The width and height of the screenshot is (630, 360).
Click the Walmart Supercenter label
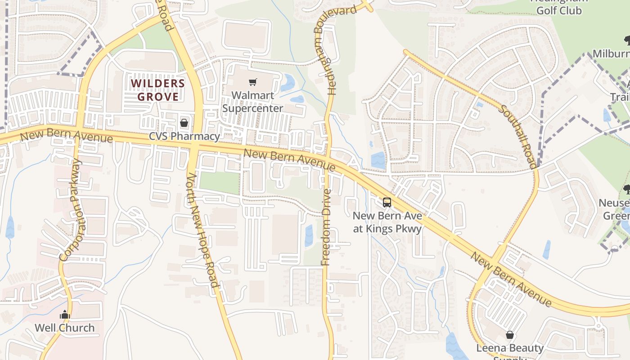pos(252,102)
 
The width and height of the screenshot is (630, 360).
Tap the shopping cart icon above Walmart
pos(252,82)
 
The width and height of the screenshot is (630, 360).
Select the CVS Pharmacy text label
pos(185,136)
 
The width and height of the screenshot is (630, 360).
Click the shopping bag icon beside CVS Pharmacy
pos(184,122)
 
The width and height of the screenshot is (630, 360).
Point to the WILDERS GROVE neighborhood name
pos(158,90)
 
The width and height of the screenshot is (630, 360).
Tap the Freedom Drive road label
pos(326,227)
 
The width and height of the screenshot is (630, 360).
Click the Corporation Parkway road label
pos(71,210)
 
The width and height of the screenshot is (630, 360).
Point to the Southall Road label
pos(518,136)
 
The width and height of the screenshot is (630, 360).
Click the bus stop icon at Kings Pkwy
pos(387,202)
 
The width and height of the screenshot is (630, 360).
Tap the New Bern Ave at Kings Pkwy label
pos(387,222)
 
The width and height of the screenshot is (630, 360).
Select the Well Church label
pos(65,328)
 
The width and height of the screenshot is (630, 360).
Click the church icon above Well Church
pos(65,315)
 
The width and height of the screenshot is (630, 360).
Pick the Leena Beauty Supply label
pos(510,348)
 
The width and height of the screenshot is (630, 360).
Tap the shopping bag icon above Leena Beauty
pos(510,335)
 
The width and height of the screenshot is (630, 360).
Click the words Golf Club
pos(559,10)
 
